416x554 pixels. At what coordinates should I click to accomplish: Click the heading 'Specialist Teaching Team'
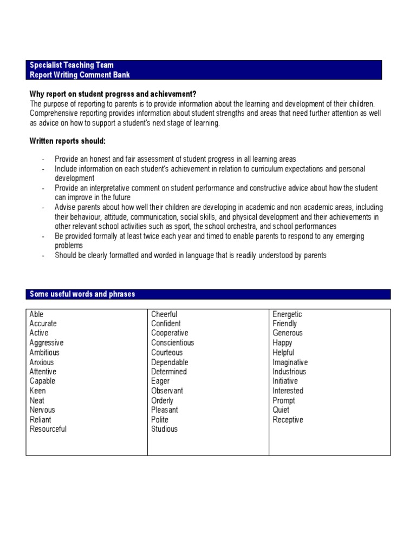click(71, 65)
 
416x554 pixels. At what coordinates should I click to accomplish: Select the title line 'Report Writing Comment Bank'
click(80, 75)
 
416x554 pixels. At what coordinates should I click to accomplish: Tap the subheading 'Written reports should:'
click(68, 141)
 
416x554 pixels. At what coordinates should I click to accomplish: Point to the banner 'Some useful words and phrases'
click(82, 294)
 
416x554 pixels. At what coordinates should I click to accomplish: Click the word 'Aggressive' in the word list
click(47, 343)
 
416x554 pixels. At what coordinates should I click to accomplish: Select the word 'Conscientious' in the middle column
click(172, 343)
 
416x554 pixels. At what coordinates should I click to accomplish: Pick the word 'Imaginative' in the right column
click(290, 362)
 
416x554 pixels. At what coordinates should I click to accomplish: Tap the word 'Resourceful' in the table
click(48, 430)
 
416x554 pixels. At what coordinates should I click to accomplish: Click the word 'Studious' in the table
click(164, 430)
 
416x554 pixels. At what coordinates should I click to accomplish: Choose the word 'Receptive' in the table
click(288, 420)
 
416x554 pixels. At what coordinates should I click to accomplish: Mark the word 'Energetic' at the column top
click(287, 314)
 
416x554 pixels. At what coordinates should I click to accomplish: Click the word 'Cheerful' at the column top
click(164, 314)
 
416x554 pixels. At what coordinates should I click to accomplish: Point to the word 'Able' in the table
click(37, 314)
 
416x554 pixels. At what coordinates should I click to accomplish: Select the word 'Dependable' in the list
click(170, 362)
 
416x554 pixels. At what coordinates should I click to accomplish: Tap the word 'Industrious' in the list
click(289, 372)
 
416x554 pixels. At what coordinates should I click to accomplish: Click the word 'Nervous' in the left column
click(42, 410)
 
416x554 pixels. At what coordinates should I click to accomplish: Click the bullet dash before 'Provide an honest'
click(42, 160)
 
